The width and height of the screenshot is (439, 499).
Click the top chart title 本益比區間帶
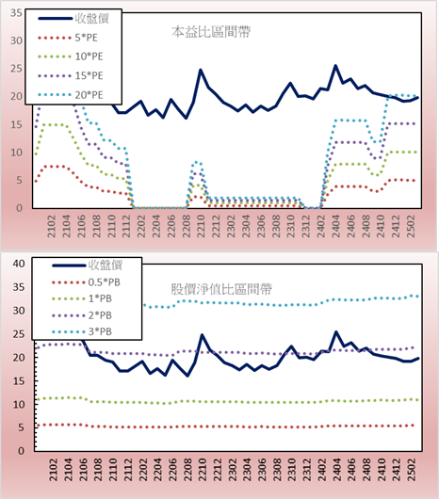click(x=211, y=32)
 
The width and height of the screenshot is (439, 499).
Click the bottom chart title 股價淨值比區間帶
click(x=221, y=289)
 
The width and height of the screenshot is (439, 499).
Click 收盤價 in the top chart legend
click(x=92, y=19)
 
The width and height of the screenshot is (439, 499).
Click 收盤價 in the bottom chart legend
click(x=106, y=266)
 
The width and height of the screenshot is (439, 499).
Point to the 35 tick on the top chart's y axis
click(x=16, y=13)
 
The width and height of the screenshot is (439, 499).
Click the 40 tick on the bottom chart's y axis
click(x=19, y=264)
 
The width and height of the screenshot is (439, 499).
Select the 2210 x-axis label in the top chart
click(x=201, y=226)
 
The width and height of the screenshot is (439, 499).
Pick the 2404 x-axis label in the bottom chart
click(x=336, y=470)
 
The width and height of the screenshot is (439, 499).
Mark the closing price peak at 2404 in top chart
click(x=335, y=66)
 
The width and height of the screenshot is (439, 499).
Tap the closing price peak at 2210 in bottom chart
click(x=202, y=335)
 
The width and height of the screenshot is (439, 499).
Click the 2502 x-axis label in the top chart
click(x=411, y=226)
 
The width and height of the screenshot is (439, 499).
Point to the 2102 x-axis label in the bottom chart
click(x=53, y=470)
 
